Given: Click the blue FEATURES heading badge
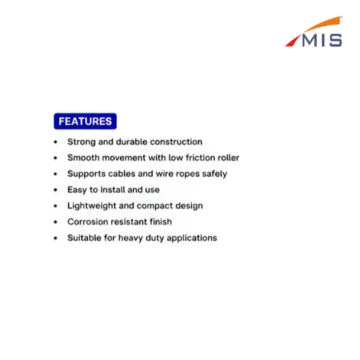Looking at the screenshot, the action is tap(85, 121).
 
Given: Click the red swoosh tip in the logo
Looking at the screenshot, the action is tap(293, 41).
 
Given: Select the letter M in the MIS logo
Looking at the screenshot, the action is tap(311, 40).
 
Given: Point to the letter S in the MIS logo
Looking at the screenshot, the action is tap(335, 40).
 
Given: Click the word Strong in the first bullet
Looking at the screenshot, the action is tap(81, 142).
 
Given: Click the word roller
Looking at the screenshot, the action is tap(230, 158).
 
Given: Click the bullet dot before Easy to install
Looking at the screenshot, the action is tap(55, 190).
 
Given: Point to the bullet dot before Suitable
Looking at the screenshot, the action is tap(55, 238).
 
